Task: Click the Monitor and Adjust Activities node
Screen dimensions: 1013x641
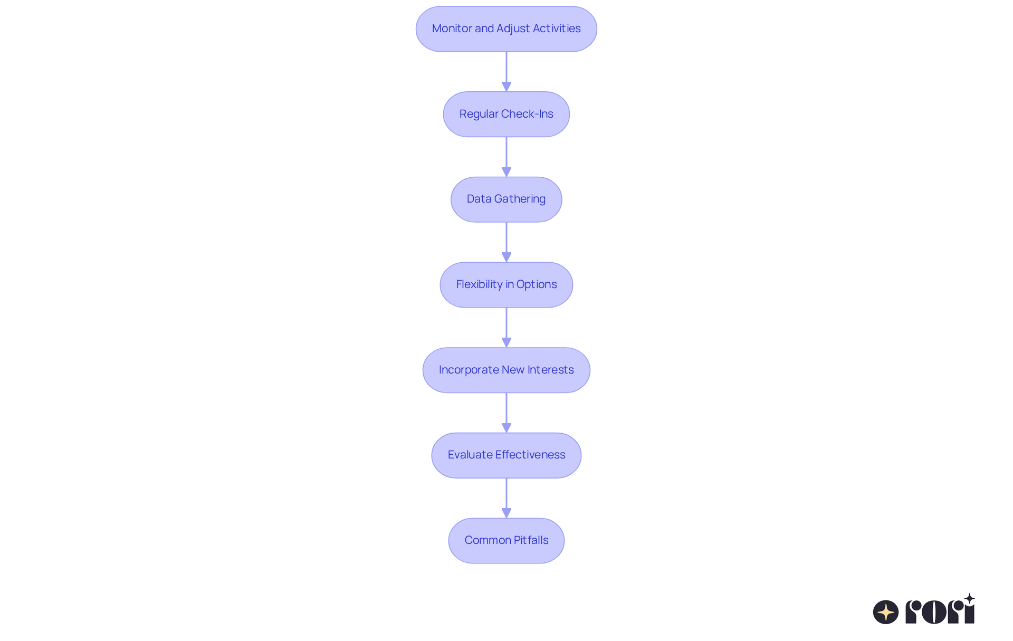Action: pyautogui.click(x=506, y=29)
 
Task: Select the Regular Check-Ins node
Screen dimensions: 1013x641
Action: pyautogui.click(x=506, y=114)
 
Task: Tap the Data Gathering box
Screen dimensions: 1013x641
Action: pyautogui.click(x=506, y=199)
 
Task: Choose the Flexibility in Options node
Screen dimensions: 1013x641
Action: pyautogui.click(x=506, y=285)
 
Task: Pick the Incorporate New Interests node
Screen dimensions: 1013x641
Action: pyautogui.click(x=506, y=370)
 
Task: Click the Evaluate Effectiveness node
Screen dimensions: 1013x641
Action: pyautogui.click(x=506, y=455)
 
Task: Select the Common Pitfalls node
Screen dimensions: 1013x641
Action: pyautogui.click(x=506, y=541)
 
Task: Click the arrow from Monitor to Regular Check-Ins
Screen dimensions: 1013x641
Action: pyautogui.click(x=506, y=72)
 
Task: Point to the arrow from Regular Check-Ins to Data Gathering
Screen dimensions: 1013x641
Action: pyautogui.click(x=506, y=157)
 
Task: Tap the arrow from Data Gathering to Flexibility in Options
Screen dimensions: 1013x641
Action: pyautogui.click(x=506, y=242)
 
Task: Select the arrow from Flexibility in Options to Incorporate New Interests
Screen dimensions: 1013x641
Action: pyautogui.click(x=506, y=328)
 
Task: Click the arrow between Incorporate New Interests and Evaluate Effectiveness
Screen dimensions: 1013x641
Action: pyautogui.click(x=506, y=413)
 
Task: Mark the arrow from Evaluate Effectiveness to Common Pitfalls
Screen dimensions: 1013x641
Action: pyautogui.click(x=506, y=498)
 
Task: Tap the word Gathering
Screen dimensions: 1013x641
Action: pyautogui.click(x=520, y=199)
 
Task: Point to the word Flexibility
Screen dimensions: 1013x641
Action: pyautogui.click(x=479, y=284)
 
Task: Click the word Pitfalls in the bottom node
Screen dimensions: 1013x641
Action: pyautogui.click(x=531, y=540)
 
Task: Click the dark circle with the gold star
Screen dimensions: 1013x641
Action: pyautogui.click(x=886, y=612)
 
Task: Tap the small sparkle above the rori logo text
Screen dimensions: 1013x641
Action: pyautogui.click(x=969, y=599)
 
